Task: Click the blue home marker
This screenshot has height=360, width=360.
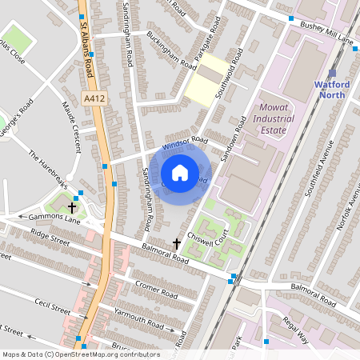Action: click(x=180, y=173)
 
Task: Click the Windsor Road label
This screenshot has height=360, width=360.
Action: click(x=184, y=143)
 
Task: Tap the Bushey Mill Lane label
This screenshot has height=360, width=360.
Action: click(x=326, y=33)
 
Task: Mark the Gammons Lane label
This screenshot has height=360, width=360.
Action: click(x=40, y=218)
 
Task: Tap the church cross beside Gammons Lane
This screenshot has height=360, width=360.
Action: click(x=72, y=207)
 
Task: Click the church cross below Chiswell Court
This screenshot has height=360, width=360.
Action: click(x=178, y=243)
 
